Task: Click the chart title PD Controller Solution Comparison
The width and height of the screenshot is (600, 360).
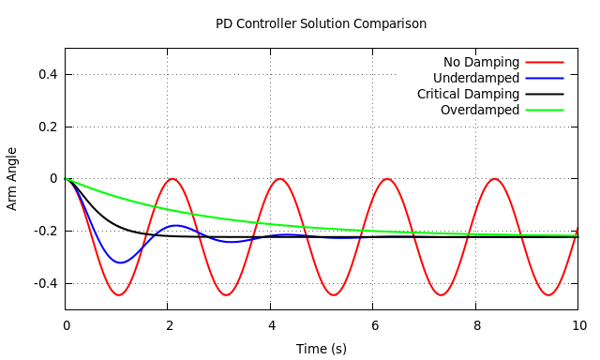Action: [x=321, y=23]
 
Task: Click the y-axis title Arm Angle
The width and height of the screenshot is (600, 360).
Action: [x=12, y=178]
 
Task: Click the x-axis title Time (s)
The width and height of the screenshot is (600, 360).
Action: [x=322, y=349]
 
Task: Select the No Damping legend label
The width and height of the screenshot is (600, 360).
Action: [x=481, y=63]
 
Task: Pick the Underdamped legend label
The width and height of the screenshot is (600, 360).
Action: [x=476, y=79]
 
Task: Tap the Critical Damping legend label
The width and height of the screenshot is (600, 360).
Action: [x=468, y=95]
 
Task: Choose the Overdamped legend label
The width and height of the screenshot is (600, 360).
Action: [x=479, y=111]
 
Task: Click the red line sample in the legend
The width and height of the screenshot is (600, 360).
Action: [x=545, y=63]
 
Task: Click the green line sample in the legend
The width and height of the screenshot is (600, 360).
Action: [x=545, y=111]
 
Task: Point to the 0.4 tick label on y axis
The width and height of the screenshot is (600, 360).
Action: [x=47, y=75]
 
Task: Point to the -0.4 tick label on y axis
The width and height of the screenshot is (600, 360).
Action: [x=44, y=283]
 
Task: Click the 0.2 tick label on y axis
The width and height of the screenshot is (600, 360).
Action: [x=47, y=127]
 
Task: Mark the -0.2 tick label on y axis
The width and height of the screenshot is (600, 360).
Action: [x=44, y=231]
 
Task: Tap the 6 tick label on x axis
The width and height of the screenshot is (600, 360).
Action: [x=373, y=326]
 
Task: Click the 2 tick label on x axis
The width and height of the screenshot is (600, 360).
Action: [x=168, y=326]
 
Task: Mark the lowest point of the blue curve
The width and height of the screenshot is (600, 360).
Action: [x=119, y=262]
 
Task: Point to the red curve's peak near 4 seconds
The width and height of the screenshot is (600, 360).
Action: [x=279, y=179]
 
